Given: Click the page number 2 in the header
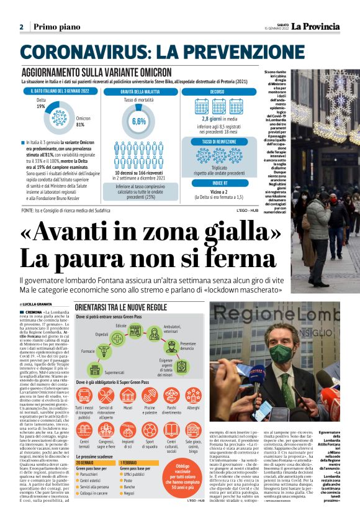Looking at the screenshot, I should (x=21, y=27).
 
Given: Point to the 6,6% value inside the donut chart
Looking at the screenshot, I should (x=138, y=121).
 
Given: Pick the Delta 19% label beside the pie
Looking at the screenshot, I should (x=41, y=103).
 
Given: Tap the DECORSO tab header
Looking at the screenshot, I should (x=217, y=91).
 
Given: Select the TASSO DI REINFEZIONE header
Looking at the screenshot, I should (x=217, y=142).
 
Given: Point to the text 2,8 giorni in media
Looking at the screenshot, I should (x=217, y=119).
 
